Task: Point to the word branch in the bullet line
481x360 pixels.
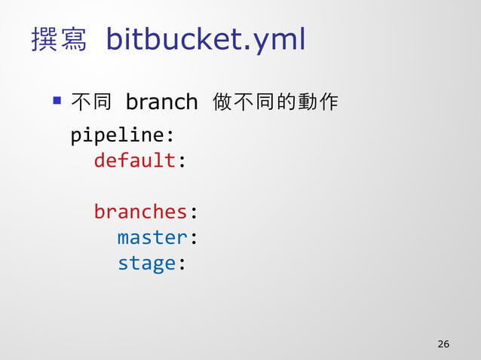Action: click(161, 101)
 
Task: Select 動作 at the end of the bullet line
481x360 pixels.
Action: click(318, 101)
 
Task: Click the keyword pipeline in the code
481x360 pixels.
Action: click(117, 136)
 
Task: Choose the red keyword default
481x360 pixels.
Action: click(134, 161)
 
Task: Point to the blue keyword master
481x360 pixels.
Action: click(152, 237)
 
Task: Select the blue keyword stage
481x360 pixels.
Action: click(146, 263)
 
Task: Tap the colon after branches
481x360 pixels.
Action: click(193, 213)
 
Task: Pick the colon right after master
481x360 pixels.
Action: click(193, 239)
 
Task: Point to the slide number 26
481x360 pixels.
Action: click(443, 344)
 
